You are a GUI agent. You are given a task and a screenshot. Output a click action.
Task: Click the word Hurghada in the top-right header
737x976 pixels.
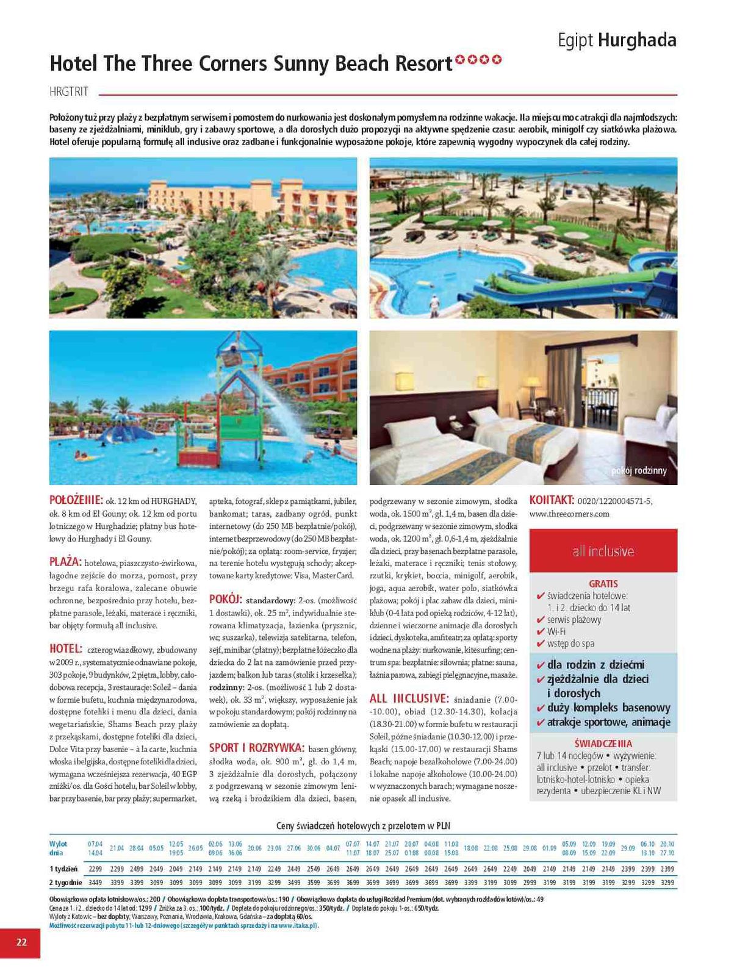click(x=637, y=40)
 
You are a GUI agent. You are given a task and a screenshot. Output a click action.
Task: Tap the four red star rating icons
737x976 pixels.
click(x=478, y=60)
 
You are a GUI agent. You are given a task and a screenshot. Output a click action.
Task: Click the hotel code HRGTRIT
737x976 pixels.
click(x=69, y=92)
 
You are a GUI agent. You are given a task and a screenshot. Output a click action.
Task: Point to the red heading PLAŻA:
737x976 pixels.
click(x=65, y=561)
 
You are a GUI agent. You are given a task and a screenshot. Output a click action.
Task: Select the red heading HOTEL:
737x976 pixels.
click(x=65, y=648)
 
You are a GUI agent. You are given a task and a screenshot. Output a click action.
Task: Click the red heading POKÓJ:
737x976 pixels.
click(x=226, y=599)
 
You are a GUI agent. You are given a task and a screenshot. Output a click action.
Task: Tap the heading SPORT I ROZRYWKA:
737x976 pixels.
click(x=257, y=748)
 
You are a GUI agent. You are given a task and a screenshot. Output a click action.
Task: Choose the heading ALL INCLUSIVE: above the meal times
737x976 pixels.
click(x=409, y=698)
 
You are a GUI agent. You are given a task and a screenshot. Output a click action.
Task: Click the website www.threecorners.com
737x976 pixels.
click(x=569, y=514)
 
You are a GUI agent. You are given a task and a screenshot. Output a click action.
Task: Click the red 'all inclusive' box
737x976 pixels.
click(x=603, y=551)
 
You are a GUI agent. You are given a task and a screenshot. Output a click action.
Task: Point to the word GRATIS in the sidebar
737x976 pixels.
click(x=603, y=584)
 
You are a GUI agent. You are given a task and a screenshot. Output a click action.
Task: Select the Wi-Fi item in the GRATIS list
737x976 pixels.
click(x=556, y=631)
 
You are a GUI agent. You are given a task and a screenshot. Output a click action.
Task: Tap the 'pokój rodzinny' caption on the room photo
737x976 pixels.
click(x=639, y=470)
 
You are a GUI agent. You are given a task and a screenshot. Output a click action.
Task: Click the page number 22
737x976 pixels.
click(x=21, y=942)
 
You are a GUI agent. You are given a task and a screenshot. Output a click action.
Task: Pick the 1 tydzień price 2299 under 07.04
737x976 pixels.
click(x=95, y=869)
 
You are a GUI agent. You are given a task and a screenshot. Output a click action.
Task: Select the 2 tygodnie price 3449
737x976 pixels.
click(x=95, y=882)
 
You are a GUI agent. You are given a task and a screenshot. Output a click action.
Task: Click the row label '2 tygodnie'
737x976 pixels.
click(x=65, y=882)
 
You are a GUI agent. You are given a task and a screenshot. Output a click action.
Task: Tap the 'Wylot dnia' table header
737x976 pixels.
click(x=59, y=848)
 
